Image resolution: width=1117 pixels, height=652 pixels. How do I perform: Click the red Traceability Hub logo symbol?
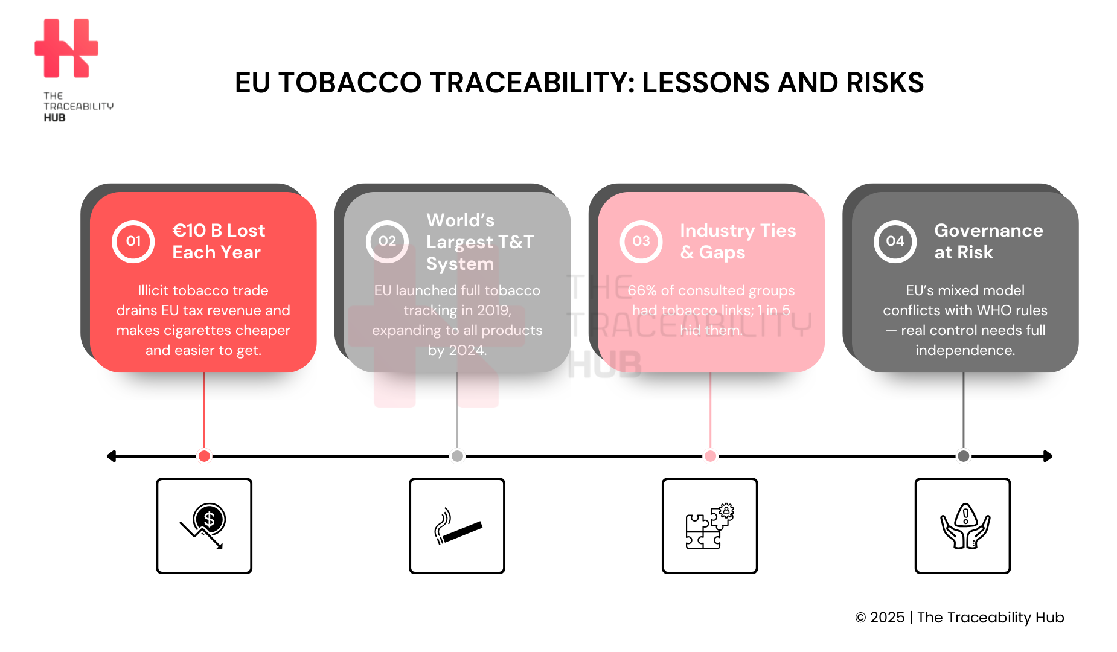tap(66, 48)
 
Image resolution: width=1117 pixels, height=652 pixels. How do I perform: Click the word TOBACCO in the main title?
tap(350, 83)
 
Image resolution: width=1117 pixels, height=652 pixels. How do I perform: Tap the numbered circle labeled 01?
tap(133, 241)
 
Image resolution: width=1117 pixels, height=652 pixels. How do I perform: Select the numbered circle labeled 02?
tap(387, 241)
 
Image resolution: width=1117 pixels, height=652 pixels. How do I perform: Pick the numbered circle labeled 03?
tap(641, 241)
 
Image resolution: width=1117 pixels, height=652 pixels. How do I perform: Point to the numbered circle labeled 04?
tap(895, 241)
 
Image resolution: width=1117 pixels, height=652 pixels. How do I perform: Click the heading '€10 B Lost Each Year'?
tap(218, 241)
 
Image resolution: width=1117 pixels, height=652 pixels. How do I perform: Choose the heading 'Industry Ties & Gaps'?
tap(737, 241)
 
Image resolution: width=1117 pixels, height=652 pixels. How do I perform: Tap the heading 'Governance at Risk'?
tap(988, 241)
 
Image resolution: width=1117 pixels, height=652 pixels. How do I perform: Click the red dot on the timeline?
tap(204, 456)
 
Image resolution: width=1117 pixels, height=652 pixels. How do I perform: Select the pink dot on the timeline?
tap(711, 456)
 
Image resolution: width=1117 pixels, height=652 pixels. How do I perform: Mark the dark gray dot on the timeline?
tap(964, 456)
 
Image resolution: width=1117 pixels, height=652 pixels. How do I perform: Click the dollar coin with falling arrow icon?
tap(204, 525)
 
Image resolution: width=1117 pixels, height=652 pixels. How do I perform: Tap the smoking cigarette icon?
tap(457, 525)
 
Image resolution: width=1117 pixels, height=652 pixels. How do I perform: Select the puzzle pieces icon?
tap(709, 525)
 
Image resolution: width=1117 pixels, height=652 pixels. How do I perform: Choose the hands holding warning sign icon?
tap(962, 525)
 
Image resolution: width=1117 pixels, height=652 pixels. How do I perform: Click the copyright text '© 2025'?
tap(880, 618)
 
